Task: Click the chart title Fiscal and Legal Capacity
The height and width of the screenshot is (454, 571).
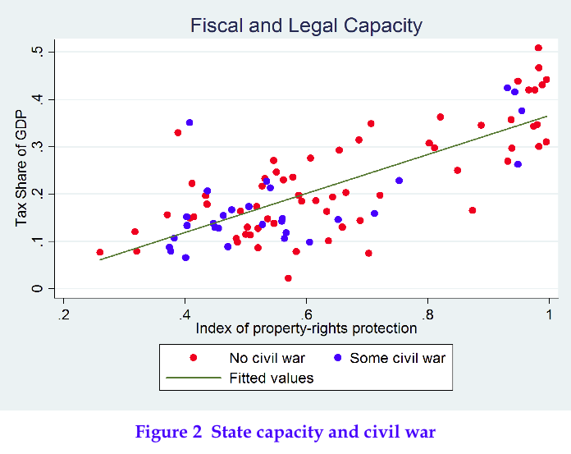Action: pyautogui.click(x=306, y=25)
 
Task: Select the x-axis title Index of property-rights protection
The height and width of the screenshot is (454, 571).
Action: pyautogui.click(x=306, y=328)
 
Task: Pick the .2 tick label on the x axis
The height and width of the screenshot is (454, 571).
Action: pyautogui.click(x=63, y=313)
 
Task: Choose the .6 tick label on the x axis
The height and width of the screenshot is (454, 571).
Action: pyautogui.click(x=305, y=313)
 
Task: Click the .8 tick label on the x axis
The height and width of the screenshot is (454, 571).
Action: pyautogui.click(x=427, y=313)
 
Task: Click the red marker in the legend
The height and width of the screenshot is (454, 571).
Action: pyautogui.click(x=194, y=358)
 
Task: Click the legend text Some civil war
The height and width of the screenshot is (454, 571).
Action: pyautogui.click(x=397, y=358)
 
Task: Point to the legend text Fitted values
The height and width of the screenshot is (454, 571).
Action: pyautogui.click(x=271, y=378)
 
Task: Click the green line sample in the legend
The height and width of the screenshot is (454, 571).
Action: pyautogui.click(x=194, y=378)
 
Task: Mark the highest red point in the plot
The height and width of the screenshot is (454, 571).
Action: pyautogui.click(x=538, y=48)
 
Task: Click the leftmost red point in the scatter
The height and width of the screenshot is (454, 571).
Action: pyautogui.click(x=100, y=252)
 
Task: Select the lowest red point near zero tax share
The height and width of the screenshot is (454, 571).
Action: pyautogui.click(x=288, y=278)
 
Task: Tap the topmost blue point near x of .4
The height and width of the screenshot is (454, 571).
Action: pyautogui.click(x=190, y=122)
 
